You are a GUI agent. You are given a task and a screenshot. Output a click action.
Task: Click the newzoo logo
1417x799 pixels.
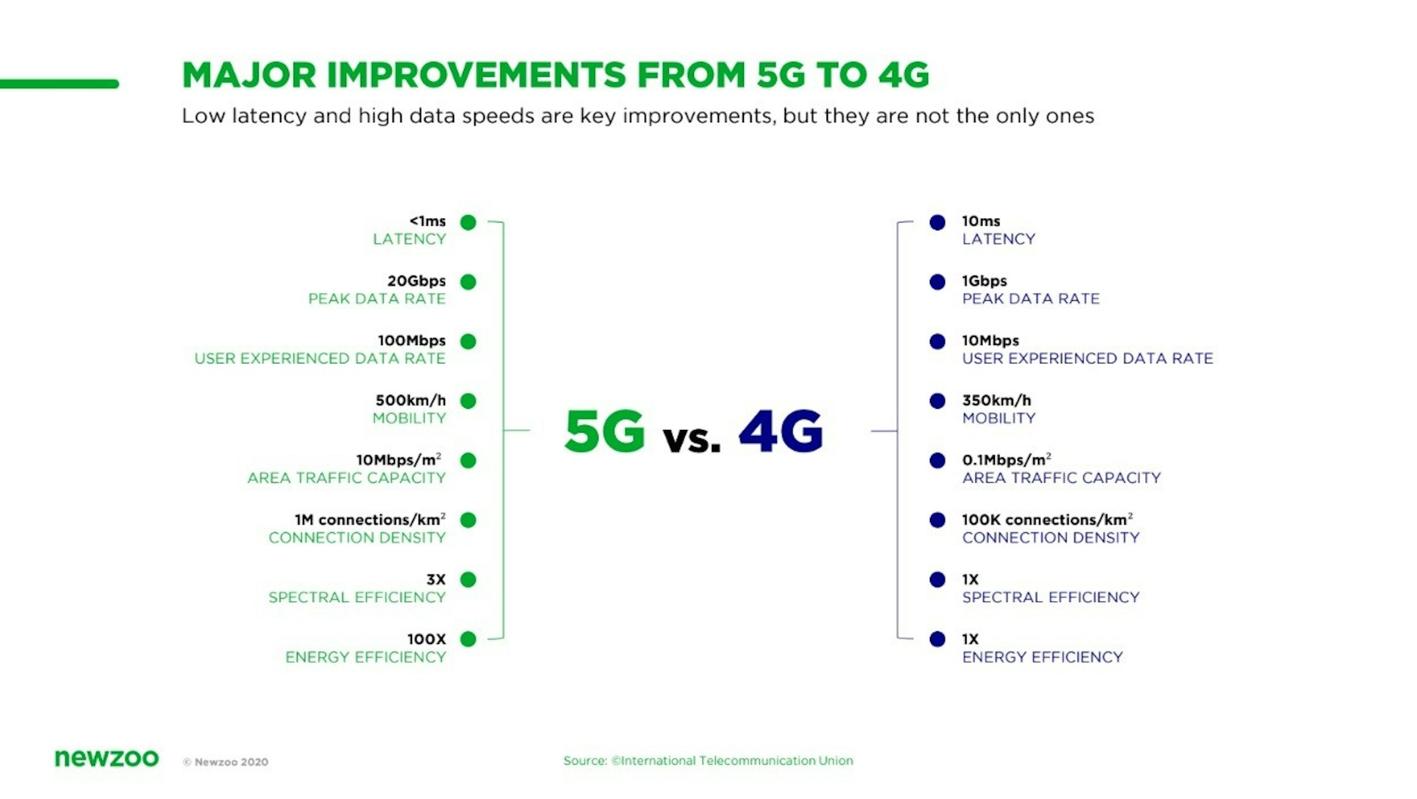(x=107, y=758)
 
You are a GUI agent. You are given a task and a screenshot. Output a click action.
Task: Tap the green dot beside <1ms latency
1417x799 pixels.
(x=468, y=222)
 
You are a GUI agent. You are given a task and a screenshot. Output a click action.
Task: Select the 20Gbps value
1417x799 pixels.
(x=417, y=281)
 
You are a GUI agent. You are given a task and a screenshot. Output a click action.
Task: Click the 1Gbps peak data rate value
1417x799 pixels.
(x=984, y=281)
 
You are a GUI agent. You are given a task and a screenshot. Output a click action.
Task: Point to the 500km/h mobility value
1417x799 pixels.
(x=411, y=400)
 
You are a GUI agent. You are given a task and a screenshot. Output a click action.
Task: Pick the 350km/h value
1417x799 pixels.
(x=997, y=400)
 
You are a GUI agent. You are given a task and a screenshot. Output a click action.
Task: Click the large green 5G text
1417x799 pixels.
(x=605, y=431)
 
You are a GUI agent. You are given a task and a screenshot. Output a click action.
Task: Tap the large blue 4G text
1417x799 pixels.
(x=781, y=431)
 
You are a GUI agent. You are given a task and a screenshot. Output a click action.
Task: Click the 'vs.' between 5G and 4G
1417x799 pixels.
(x=692, y=439)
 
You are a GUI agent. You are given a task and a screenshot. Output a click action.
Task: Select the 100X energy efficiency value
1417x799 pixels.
(x=427, y=639)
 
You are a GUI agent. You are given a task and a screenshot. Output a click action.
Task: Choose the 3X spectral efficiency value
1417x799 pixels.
(x=436, y=579)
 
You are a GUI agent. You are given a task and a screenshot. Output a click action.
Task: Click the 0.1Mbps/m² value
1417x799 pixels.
(x=1007, y=459)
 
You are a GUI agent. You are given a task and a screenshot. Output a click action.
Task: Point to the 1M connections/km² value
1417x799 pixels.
(x=370, y=519)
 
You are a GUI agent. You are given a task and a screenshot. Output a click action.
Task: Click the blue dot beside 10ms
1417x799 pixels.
(x=937, y=222)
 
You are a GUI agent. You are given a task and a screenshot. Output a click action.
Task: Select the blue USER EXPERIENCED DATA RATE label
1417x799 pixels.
(x=1088, y=358)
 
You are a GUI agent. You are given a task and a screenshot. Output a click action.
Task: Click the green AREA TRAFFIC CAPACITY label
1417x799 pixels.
(x=347, y=478)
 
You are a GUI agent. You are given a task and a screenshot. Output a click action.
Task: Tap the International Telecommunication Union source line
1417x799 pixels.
(x=708, y=761)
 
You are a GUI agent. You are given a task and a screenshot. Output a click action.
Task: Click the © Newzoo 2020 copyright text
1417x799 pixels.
(x=226, y=762)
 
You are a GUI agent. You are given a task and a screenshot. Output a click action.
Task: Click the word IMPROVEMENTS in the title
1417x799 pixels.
(x=476, y=75)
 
